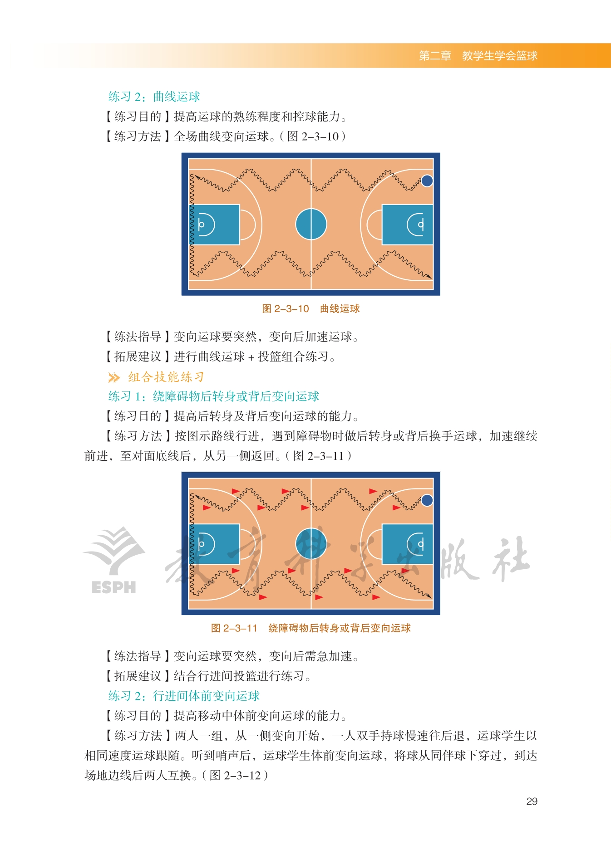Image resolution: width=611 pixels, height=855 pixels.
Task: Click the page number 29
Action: pos(532,801)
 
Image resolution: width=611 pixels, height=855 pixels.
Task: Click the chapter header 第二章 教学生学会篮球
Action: pos(478,56)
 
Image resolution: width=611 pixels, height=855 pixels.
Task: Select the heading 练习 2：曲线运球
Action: pos(154,97)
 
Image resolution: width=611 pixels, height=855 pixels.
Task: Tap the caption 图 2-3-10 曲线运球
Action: pos(311,309)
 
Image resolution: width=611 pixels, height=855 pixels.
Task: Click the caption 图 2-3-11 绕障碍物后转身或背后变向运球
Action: pos(311,628)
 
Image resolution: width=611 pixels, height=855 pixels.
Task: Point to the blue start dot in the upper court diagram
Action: pos(427,181)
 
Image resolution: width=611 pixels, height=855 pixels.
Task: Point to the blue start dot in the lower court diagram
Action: pos(427,500)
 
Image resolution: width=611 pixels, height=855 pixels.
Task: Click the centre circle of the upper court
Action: pos(311,224)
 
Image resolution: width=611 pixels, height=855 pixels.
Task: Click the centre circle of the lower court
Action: pos(311,543)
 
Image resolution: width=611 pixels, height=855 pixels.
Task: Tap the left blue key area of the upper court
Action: pos(214,225)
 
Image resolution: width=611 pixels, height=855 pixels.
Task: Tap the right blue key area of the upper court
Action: pos(408,225)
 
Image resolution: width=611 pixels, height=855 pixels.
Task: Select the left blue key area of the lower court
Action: pos(214,544)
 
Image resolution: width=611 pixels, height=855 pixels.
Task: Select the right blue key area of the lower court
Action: pos(408,544)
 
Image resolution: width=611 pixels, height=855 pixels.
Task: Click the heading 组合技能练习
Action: pos(166,377)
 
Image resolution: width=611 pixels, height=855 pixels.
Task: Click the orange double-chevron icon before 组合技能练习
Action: pos(114,377)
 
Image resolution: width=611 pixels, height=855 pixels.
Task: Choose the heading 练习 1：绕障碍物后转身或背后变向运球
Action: pos(214,396)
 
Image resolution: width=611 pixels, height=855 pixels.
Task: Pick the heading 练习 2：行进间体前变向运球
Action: pos(184,696)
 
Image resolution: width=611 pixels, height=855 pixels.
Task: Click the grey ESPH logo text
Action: pos(113,587)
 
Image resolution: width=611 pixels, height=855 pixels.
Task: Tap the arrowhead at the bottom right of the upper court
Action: pos(429,276)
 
